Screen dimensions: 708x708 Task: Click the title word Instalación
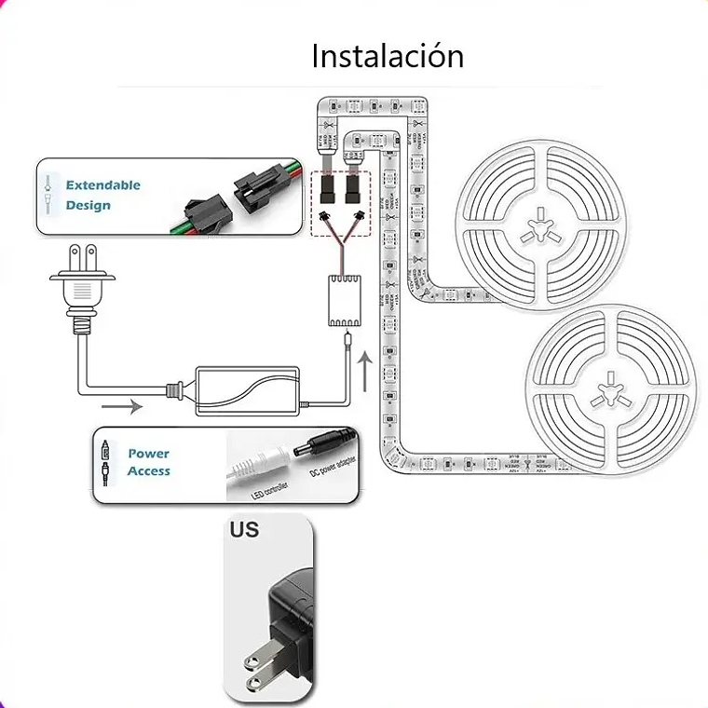(x=387, y=56)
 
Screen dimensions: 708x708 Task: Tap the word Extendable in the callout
(x=102, y=184)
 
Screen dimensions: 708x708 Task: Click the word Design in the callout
(x=88, y=205)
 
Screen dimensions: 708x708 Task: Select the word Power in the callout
(x=149, y=454)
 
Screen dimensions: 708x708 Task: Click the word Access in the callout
(x=149, y=471)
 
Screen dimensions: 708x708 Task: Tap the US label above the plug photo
(x=244, y=531)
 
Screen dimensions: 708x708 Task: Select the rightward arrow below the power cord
(x=122, y=406)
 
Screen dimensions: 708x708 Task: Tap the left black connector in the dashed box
(x=329, y=191)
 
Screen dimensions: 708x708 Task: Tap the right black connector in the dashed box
(x=353, y=191)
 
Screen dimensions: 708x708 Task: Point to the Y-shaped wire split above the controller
(x=341, y=237)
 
